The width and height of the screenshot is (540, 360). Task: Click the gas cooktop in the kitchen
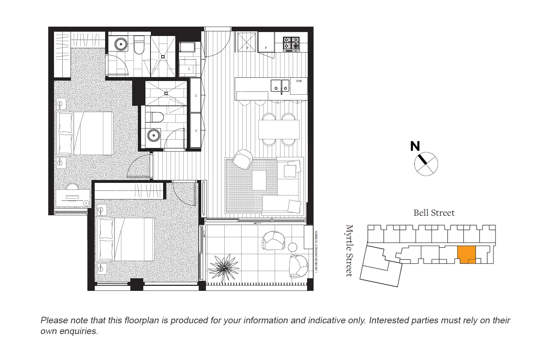click(x=291, y=44)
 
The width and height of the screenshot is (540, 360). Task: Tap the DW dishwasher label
click(x=299, y=81)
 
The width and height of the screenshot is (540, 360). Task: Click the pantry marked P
click(x=266, y=42)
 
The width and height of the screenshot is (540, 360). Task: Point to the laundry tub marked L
click(x=189, y=68)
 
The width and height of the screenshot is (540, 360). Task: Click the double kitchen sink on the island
click(x=280, y=86)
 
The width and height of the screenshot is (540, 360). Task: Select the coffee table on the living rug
click(x=259, y=180)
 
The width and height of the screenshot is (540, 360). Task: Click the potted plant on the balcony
click(x=224, y=267)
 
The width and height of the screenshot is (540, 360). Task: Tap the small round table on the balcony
click(x=293, y=247)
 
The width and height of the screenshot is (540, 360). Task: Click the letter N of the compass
click(x=415, y=146)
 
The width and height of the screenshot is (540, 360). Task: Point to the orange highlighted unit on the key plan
click(x=467, y=254)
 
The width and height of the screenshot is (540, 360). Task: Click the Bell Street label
click(x=434, y=213)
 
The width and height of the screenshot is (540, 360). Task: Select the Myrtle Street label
click(x=349, y=251)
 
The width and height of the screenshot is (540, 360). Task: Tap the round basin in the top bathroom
click(x=121, y=44)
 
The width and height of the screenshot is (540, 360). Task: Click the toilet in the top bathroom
click(x=139, y=46)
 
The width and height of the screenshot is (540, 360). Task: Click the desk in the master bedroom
click(x=73, y=198)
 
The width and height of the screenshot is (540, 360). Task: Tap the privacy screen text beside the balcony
click(x=316, y=253)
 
